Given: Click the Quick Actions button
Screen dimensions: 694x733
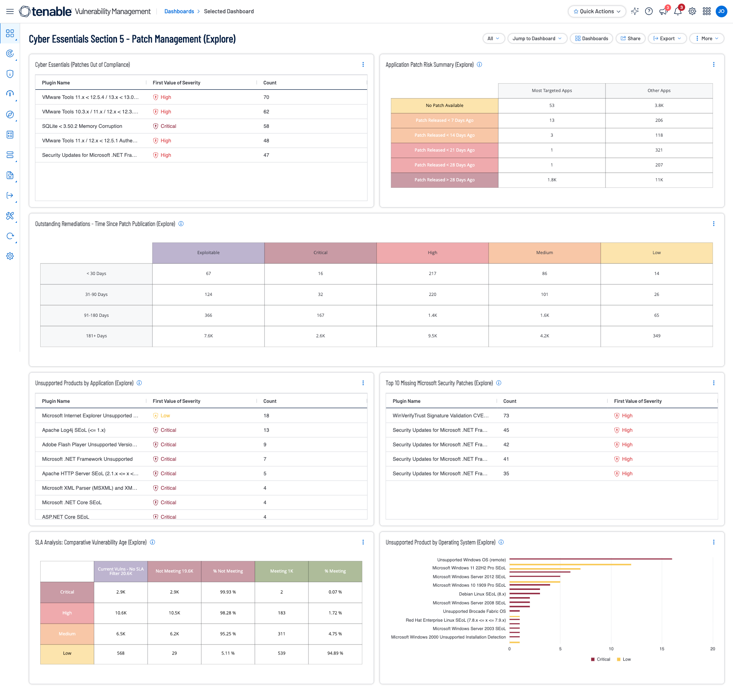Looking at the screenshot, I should tap(597, 11).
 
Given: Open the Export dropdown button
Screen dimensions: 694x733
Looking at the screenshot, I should tap(667, 39).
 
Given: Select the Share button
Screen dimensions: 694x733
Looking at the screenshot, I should tap(630, 39).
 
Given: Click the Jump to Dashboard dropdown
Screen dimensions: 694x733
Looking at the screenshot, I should tap(537, 39).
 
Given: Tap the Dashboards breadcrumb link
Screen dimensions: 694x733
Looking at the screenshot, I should tap(179, 11).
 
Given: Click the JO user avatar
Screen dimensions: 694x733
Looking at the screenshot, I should tap(721, 11).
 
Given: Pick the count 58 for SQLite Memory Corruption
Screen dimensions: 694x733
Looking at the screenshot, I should tap(266, 126).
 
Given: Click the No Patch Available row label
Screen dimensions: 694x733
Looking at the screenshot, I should tap(444, 105).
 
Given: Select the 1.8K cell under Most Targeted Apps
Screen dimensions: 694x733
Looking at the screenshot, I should tap(552, 180).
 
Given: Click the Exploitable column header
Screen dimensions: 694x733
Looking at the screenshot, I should tap(208, 253).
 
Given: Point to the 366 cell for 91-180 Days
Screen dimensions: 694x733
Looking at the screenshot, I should tap(208, 315).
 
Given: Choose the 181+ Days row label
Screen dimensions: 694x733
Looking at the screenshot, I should tap(97, 336).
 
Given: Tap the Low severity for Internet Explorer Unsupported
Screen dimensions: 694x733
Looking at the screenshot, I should tap(165, 416).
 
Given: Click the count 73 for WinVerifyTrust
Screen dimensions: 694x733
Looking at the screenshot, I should tap(506, 416).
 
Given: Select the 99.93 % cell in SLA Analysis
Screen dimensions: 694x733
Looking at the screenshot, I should tap(228, 592).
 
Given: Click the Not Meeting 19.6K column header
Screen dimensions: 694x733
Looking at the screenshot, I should tap(174, 571).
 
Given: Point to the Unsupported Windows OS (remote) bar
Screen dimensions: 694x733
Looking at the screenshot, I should tap(590, 559).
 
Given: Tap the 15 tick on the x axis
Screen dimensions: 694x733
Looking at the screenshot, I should tap(662, 649).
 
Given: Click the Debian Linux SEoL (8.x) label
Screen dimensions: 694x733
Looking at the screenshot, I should tap(482, 594).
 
